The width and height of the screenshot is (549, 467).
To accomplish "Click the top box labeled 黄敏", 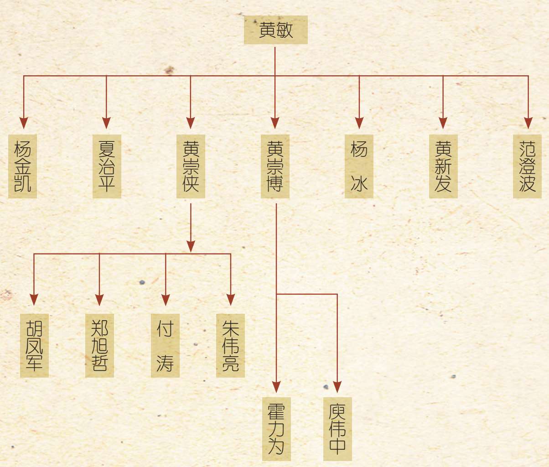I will tap(275, 30).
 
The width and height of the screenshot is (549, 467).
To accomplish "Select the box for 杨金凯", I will tap(22, 166).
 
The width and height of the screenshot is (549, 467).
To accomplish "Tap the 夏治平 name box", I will tap(107, 166).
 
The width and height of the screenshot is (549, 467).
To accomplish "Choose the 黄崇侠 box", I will tap(191, 166).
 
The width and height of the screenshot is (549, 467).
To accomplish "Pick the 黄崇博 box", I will tap(275, 166).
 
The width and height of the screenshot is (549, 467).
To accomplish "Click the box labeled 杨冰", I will tap(359, 166).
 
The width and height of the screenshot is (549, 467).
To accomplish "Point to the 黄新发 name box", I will tap(443, 166).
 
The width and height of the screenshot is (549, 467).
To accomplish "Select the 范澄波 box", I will tap(527, 166).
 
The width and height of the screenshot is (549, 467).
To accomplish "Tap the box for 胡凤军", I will tap(34, 345).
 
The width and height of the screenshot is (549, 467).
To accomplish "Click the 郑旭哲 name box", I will tap(99, 345).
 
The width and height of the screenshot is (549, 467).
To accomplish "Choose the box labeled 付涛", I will tap(165, 345).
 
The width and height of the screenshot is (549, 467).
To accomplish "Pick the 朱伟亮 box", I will tap(230, 345).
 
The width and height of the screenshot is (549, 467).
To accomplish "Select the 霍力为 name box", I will tap(276, 429).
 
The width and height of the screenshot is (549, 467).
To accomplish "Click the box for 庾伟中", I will tap(337, 429).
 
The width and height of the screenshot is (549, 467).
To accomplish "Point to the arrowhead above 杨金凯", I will tap(24, 123).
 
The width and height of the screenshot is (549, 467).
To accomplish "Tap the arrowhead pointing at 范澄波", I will tap(528, 123).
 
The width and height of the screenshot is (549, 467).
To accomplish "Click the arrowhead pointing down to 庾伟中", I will tap(337, 387).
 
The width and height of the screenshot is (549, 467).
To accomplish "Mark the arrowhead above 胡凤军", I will tap(34, 299).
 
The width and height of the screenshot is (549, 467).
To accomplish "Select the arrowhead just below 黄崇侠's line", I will tap(191, 246).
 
